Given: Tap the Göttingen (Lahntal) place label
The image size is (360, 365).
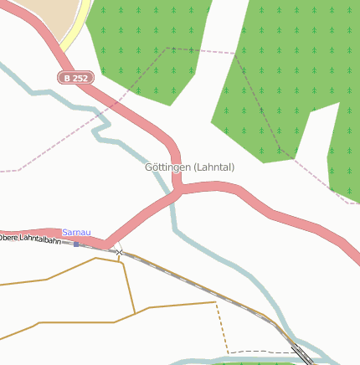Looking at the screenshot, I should point(189,167).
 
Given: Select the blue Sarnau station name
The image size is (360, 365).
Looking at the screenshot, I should point(76,232).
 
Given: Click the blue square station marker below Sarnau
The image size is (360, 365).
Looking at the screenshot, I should point(76,244).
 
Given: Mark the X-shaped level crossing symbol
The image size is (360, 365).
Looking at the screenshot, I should point(119,252).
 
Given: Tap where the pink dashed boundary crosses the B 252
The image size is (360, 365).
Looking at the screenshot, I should point(119,100).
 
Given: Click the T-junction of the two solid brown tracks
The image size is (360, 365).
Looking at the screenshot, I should point(135,314).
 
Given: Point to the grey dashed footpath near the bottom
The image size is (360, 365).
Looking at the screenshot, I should point(260,352).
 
